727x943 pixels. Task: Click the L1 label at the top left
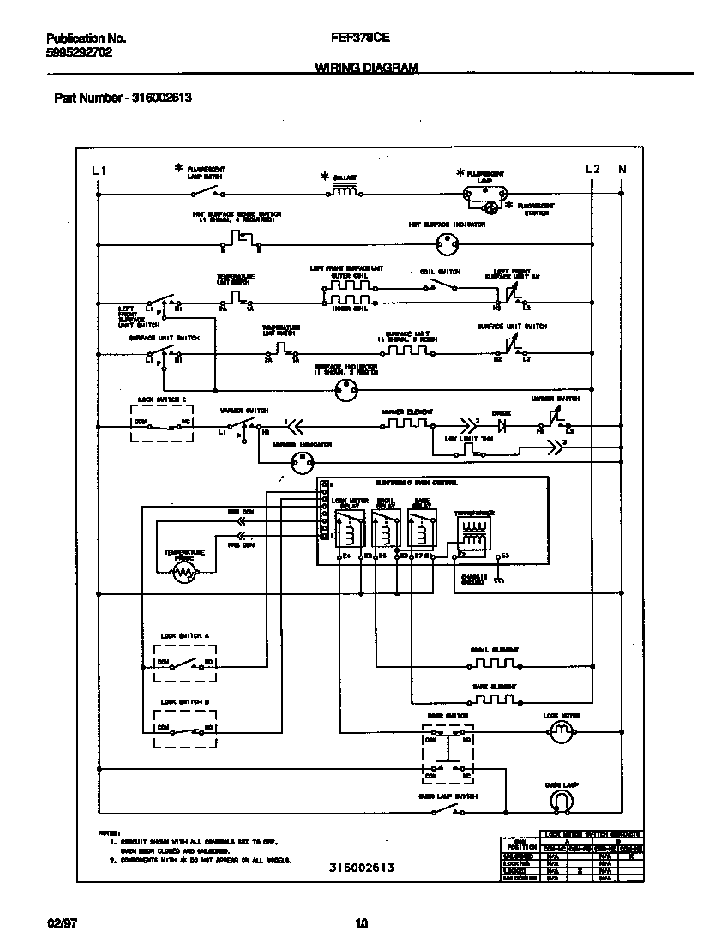pos(99,170)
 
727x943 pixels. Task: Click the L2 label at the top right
pos(592,170)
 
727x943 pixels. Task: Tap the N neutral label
pos(622,170)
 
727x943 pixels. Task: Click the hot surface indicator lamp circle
pos(445,244)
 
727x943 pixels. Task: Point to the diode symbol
pos(502,424)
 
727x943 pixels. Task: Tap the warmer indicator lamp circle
pos(301,463)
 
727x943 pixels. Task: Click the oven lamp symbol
pos(562,801)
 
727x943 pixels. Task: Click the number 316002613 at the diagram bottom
pos(361,868)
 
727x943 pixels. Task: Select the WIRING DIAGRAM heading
pos(366,67)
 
